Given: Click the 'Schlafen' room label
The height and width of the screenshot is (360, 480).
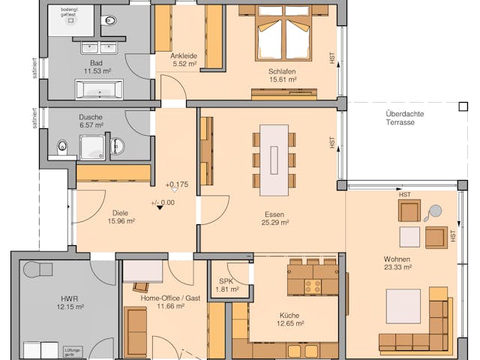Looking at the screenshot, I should coord(282,71).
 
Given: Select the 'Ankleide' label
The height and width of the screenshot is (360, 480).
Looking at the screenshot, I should coord(183,56).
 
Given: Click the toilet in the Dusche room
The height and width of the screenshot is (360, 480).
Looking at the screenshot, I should coord(64,145).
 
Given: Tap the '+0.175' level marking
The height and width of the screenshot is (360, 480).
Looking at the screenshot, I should coord(176,184).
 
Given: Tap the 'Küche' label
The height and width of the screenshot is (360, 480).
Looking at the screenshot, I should coord(289,316).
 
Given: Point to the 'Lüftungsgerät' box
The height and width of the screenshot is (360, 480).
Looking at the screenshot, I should coord(72,350).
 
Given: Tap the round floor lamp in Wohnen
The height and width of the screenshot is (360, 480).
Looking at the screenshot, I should coord(436,212).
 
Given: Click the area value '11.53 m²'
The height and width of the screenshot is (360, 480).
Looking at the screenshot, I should coord(97,71).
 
